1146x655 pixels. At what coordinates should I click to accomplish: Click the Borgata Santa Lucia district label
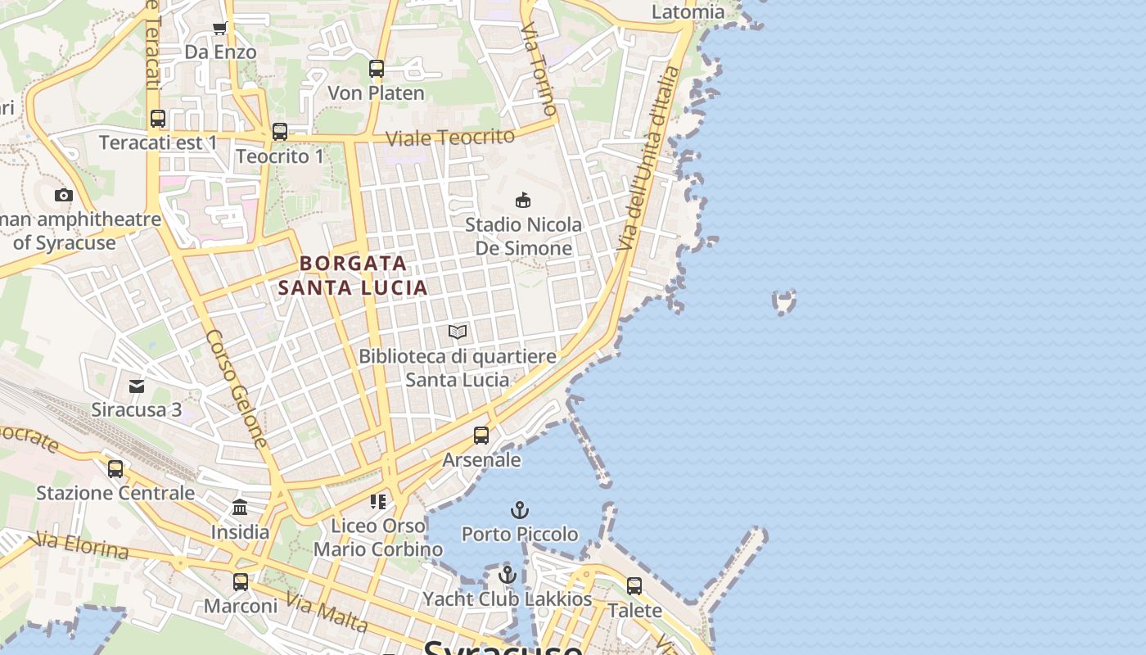tap(353, 275)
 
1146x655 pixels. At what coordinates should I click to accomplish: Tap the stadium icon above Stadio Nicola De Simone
tap(523, 200)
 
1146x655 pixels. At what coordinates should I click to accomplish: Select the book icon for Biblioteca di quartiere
tap(458, 332)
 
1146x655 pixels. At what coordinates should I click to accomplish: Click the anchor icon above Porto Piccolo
tap(519, 510)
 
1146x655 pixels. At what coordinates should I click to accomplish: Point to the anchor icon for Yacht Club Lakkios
tap(508, 575)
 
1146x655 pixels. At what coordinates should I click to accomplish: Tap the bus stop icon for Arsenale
tap(481, 435)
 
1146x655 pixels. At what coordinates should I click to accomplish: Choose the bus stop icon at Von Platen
tap(377, 69)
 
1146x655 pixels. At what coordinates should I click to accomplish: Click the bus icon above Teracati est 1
tap(158, 119)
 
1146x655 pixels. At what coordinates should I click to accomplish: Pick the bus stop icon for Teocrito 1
tap(280, 131)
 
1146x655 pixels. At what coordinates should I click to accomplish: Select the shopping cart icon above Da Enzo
tap(220, 29)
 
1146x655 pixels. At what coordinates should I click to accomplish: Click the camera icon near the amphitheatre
tap(64, 195)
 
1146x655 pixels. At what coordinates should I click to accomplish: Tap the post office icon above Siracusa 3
tap(137, 386)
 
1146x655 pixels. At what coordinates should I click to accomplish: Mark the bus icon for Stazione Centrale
tap(115, 468)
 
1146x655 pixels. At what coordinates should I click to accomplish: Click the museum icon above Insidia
tap(240, 508)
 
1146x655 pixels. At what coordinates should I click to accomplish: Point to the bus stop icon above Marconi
tap(240, 582)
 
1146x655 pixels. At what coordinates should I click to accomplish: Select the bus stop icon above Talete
tap(634, 586)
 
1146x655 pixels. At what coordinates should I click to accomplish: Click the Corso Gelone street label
tap(237, 388)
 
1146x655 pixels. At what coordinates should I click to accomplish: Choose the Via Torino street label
tap(539, 69)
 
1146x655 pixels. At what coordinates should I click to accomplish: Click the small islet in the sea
tap(784, 302)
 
